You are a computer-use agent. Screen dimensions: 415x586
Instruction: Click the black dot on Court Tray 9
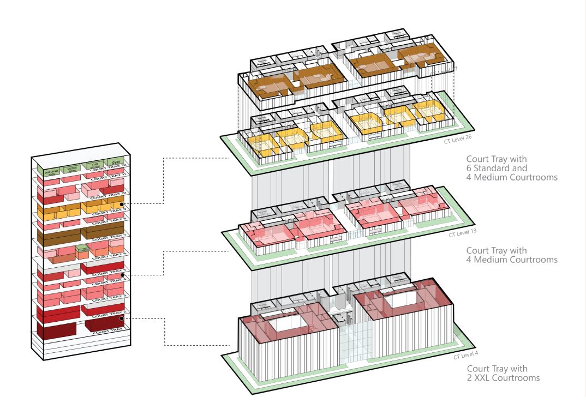129,204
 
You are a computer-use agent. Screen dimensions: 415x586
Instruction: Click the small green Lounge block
83,251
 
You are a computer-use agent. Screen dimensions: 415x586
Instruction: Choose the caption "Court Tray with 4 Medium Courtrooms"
511,255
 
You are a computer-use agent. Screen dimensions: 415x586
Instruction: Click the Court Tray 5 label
109,270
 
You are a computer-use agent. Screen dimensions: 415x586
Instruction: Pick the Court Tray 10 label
109,194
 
